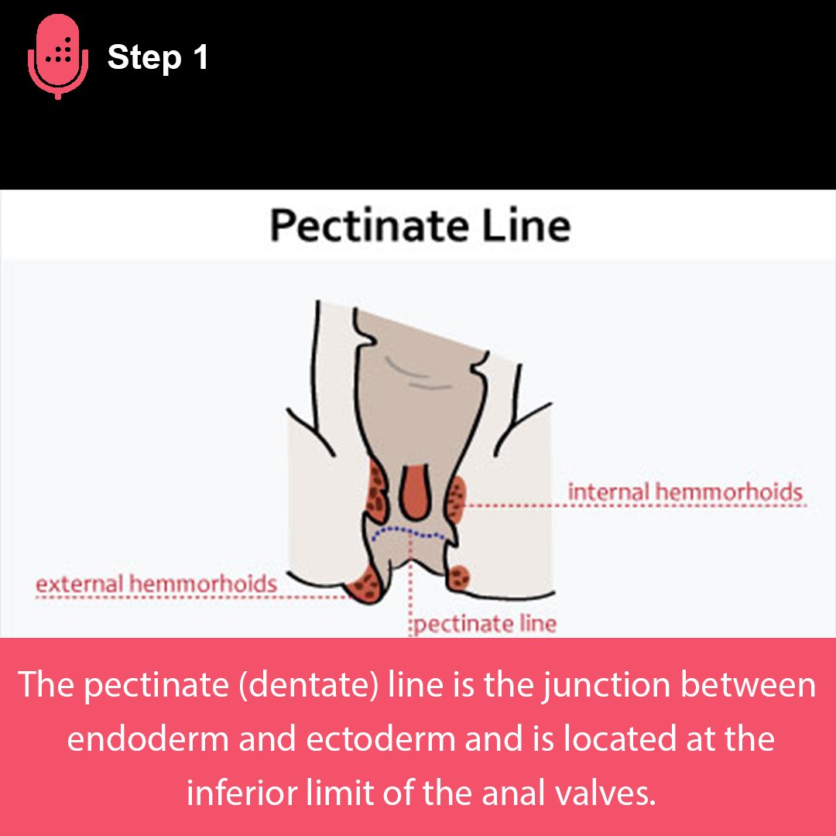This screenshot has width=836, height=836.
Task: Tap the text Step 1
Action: pos(158,57)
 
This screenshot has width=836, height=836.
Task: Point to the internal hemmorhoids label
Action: pos(684,492)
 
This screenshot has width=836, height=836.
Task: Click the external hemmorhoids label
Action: pos(156,583)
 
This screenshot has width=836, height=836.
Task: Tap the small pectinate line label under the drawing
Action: pos(485,624)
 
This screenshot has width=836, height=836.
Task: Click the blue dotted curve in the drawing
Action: pos(408,533)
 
